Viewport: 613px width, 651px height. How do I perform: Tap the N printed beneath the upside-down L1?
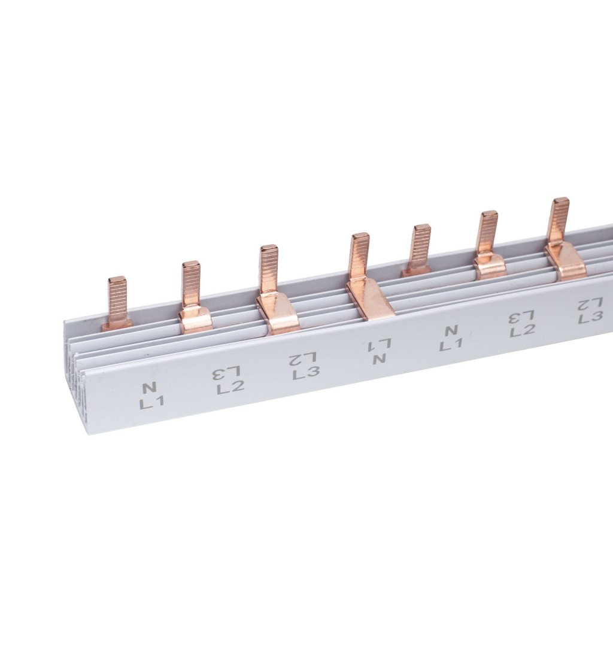[378, 359]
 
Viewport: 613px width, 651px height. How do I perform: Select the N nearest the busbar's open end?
[149, 388]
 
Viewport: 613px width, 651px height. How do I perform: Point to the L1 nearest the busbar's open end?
[152, 403]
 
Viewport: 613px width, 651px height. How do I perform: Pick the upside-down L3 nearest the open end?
[226, 372]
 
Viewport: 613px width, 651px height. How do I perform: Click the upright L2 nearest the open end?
[230, 388]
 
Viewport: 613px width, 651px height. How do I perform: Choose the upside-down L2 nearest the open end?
[303, 358]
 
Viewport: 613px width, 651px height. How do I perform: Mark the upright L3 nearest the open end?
[306, 372]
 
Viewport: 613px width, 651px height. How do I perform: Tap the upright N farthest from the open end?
[450, 331]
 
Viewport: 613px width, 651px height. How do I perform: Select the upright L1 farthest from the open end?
[451, 345]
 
